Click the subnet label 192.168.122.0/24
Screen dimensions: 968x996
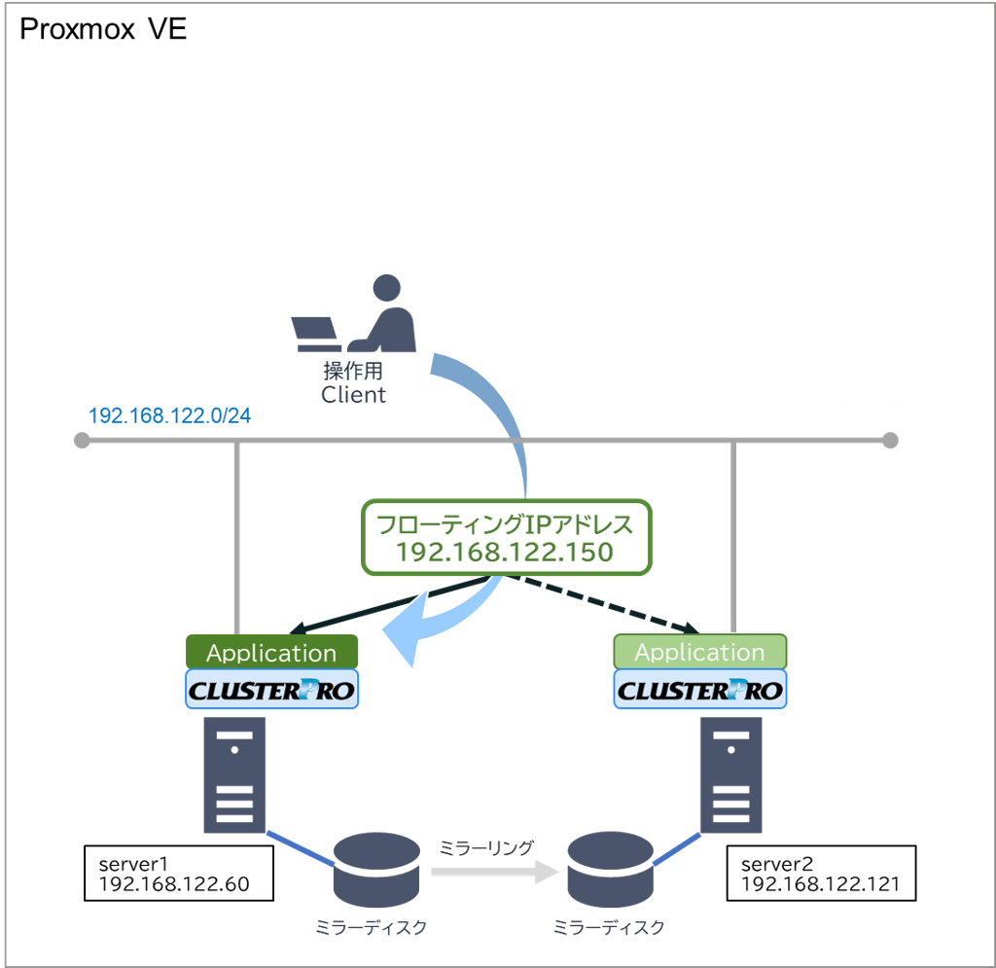point(169,415)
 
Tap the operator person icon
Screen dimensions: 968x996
point(386,315)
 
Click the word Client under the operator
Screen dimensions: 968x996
point(354,395)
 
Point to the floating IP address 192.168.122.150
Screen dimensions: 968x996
point(504,553)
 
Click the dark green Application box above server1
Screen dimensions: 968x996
point(271,653)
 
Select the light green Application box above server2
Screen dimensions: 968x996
point(699,652)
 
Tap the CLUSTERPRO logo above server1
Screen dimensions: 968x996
point(271,692)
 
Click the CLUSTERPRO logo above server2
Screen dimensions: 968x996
point(699,692)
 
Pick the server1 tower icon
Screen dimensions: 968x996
point(233,774)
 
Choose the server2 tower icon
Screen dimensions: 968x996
point(731,774)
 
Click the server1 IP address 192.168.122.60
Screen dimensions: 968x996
point(174,884)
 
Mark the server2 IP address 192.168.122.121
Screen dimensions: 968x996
point(821,884)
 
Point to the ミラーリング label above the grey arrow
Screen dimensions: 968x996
point(486,847)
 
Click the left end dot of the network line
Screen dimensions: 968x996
point(82,441)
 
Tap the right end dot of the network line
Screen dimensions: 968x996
point(890,441)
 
